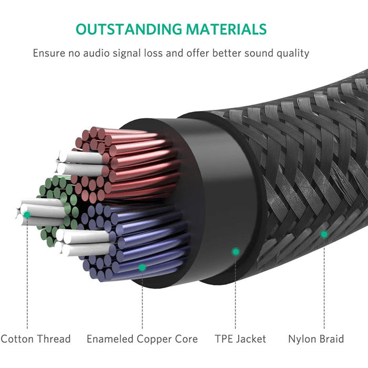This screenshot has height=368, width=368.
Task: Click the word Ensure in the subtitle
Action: [48, 53]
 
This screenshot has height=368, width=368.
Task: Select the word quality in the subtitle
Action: [292, 53]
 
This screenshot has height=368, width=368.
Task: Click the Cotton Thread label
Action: [36, 339]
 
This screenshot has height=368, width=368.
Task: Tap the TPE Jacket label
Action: [240, 339]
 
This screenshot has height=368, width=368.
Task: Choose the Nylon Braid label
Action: [316, 339]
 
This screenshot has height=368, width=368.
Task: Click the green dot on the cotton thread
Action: [27, 215]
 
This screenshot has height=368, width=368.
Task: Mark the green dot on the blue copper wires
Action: [142, 268]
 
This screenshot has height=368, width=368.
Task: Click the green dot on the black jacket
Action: [236, 252]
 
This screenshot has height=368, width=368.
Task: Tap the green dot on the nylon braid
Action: [324, 234]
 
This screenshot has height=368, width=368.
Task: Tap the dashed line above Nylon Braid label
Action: [324, 284]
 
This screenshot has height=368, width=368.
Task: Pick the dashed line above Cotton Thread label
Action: [27, 273]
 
